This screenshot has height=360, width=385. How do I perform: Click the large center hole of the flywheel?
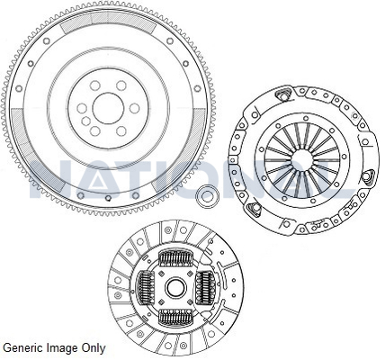[108, 108]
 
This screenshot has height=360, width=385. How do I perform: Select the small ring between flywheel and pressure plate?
[207, 196]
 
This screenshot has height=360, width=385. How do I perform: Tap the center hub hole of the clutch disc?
[175, 287]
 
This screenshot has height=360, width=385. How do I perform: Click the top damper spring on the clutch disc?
[175, 258]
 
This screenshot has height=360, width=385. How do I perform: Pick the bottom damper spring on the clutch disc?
[175, 318]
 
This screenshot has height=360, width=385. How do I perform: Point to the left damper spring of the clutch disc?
[146, 287]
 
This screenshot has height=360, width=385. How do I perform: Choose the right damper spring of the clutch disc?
[205, 287]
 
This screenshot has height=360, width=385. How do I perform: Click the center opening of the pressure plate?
[302, 160]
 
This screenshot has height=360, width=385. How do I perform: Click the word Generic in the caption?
[23, 348]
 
